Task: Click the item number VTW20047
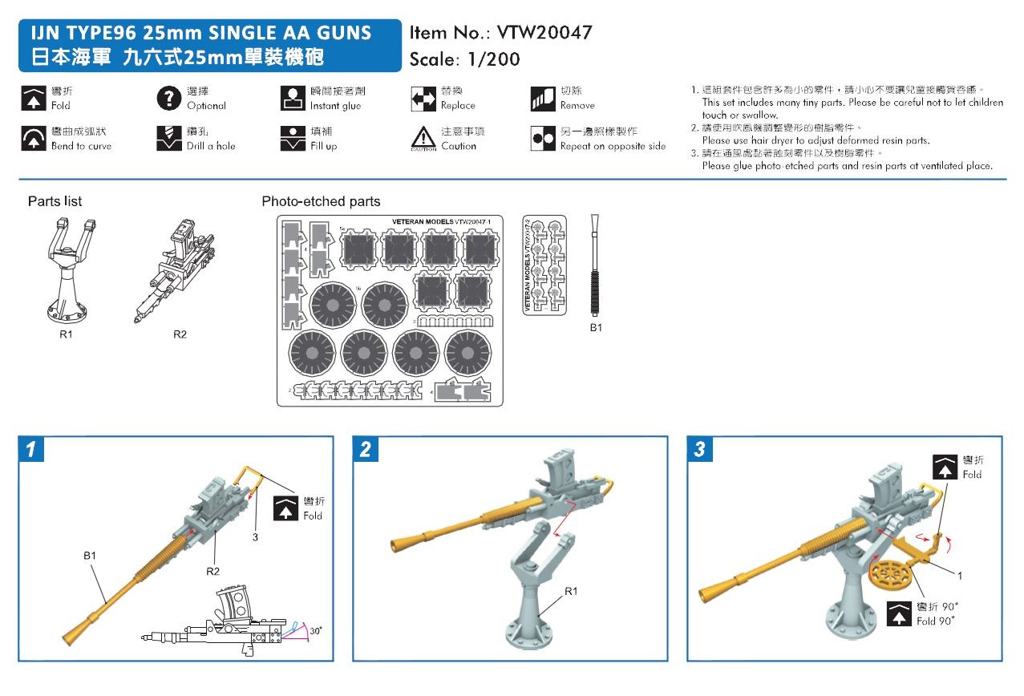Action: click(x=544, y=33)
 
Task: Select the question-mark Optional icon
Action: click(x=168, y=98)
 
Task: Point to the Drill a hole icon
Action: click(x=168, y=138)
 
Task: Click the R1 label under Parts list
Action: click(x=66, y=334)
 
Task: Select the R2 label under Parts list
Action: click(x=180, y=334)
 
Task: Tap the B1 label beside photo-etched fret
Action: click(x=596, y=327)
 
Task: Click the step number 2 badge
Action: click(x=366, y=450)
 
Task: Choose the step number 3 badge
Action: click(x=699, y=450)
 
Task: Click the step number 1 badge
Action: click(x=30, y=450)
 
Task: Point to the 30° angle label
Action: click(x=315, y=631)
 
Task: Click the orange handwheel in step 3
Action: click(x=892, y=578)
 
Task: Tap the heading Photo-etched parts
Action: click(x=321, y=201)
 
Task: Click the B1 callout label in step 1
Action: click(x=89, y=554)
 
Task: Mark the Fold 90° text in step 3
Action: click(x=938, y=621)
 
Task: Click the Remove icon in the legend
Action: click(x=543, y=98)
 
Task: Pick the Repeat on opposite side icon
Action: click(x=543, y=138)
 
